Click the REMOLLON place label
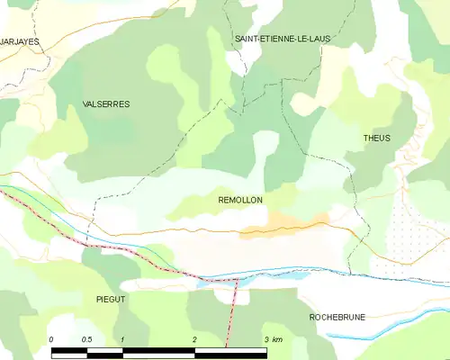240,200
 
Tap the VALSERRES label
106,104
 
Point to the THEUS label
376,138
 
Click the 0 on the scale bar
51,339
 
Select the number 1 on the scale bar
122,339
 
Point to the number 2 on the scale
193,339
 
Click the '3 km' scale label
271,339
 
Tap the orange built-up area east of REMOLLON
288,223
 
